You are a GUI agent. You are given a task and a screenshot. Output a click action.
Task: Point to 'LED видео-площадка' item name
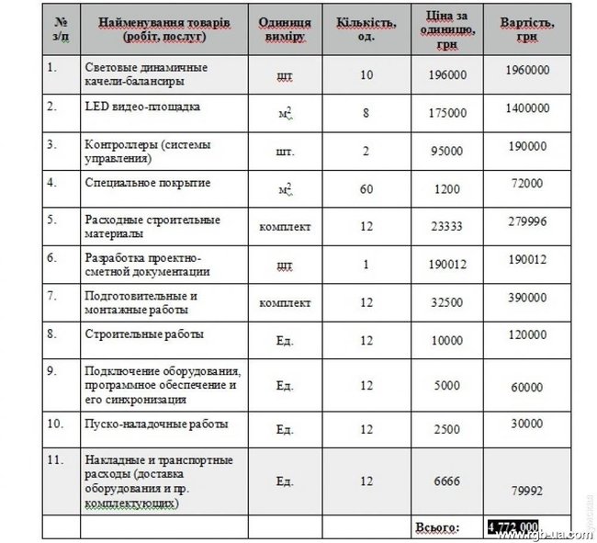tap(142, 107)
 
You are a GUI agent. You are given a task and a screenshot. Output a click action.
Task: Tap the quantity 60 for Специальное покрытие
tap(366, 188)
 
